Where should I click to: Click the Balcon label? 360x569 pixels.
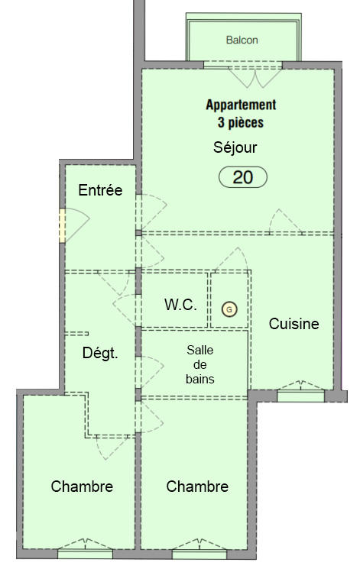[242, 40]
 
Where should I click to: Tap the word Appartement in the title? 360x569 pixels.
[241, 105]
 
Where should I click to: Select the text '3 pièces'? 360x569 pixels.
[241, 121]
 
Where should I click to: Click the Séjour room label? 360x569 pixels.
[235, 147]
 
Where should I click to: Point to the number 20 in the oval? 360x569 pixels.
[243, 177]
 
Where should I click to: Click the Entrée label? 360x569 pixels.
[100, 190]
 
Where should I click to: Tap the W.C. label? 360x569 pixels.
[180, 304]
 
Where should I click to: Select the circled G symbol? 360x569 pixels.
[229, 309]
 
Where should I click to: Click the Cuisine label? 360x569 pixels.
[294, 324]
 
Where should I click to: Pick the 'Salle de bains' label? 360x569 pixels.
[200, 364]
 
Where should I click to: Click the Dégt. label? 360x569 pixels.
[100, 353]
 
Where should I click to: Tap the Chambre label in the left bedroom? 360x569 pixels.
[82, 487]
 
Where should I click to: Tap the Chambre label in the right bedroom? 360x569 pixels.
[197, 487]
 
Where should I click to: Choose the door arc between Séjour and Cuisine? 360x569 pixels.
[288, 221]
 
